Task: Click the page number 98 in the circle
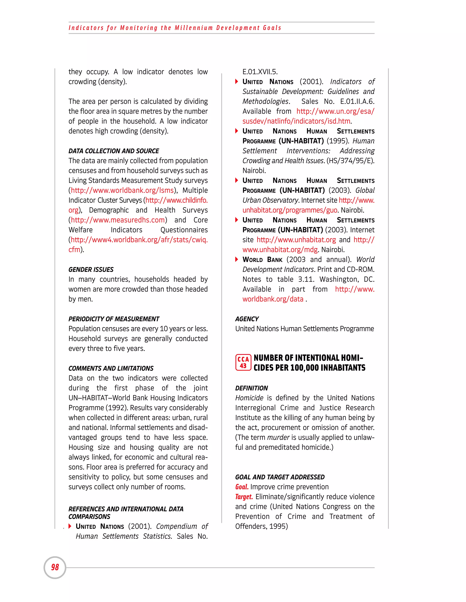tap(55, 567)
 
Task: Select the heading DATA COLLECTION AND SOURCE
tap(114, 151)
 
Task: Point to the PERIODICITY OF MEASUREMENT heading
tap(114, 319)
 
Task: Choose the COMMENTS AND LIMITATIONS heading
tap(111, 368)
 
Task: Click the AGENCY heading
tap(247, 319)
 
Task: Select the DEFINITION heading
tap(251, 388)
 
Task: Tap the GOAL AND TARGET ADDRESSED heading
tap(280, 477)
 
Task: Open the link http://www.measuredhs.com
tap(118, 220)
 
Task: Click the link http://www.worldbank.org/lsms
tap(122, 190)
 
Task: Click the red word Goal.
tap(242, 487)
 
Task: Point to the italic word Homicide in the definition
tap(249, 398)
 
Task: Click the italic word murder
tap(278, 438)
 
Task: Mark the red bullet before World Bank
tap(237, 259)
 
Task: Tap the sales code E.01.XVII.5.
tap(260, 72)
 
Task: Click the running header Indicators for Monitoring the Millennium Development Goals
tap(175, 28)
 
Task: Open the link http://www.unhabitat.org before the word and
tap(296, 240)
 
